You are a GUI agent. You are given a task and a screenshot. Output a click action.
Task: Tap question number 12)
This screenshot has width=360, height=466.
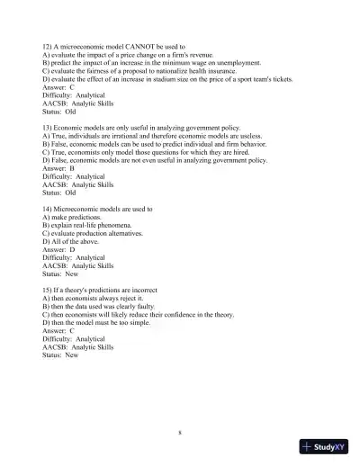pos(49,45)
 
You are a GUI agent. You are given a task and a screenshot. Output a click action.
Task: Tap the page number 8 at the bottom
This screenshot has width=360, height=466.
pos(180,433)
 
